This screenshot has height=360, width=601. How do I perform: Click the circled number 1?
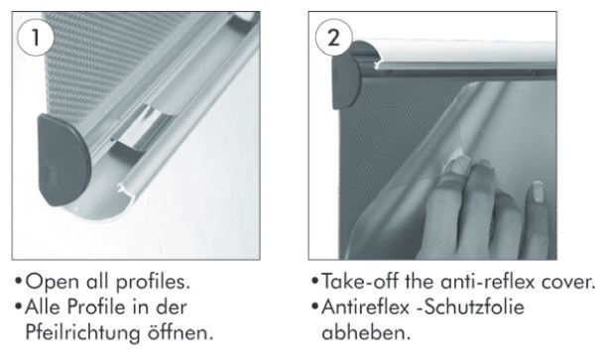36,38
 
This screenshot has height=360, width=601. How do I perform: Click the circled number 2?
333,38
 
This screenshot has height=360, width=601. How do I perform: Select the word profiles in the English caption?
153,283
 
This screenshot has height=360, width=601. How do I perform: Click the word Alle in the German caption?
44,307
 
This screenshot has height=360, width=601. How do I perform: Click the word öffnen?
180,332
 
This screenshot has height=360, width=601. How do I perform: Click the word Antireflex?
366,307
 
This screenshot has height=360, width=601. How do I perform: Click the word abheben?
366,332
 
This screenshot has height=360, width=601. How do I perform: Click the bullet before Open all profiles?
18,281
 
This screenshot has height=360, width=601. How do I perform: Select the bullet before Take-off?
315,281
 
